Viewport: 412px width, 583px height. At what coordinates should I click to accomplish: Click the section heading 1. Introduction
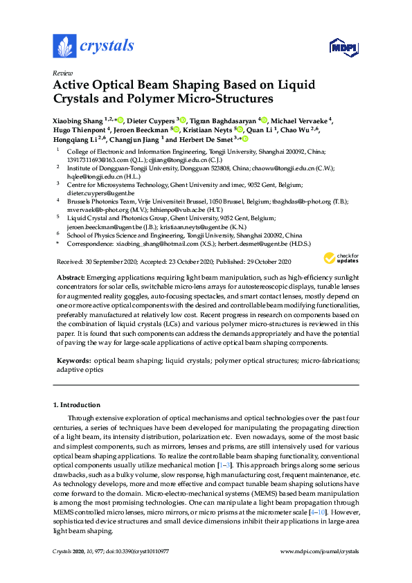click(x=77, y=405)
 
